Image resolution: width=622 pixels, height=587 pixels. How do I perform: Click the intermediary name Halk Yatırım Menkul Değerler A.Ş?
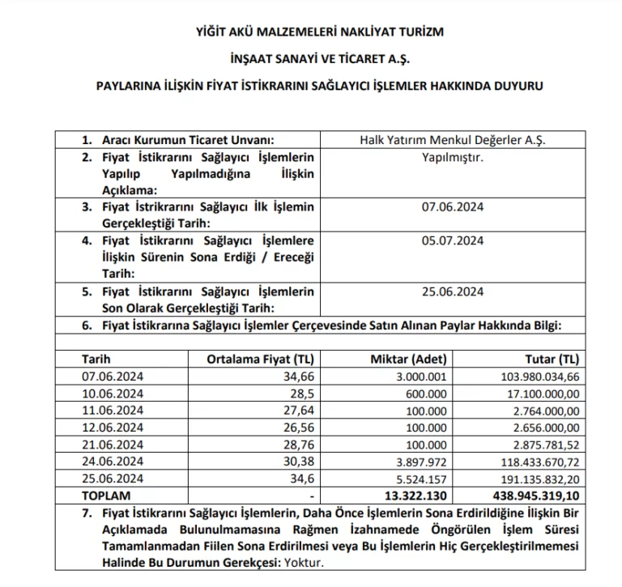coord(453,138)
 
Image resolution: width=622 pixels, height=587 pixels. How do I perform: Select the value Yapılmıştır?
coord(453,157)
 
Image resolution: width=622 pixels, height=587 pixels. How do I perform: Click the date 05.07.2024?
coord(453,240)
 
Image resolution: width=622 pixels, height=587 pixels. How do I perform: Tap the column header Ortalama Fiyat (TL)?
coord(261,358)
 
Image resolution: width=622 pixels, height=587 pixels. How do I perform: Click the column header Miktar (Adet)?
coord(402,358)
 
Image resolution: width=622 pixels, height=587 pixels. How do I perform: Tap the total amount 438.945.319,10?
coord(535,494)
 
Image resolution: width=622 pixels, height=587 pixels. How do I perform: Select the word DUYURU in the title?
coord(516,84)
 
